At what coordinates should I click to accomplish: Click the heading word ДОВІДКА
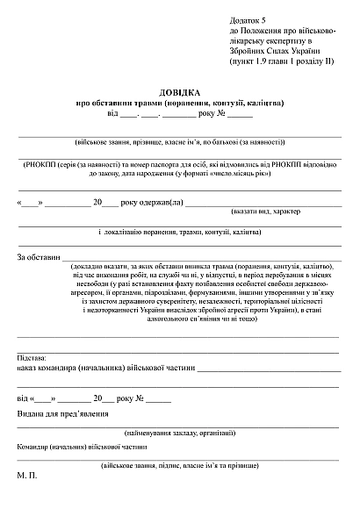tap(179, 92)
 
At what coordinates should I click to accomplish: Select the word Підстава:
tap(34, 358)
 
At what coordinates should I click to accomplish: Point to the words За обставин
tap(37, 257)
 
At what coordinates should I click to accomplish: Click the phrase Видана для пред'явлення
tap(62, 412)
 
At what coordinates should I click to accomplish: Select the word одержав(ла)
tap(158, 202)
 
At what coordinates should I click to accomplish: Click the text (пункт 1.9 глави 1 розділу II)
tap(282, 62)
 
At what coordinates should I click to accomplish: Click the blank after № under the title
tap(240, 114)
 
